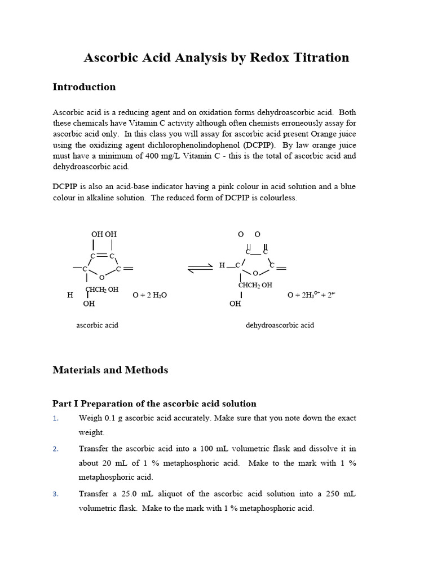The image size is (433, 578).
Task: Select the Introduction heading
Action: point(84,87)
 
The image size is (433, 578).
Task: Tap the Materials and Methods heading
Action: point(110,370)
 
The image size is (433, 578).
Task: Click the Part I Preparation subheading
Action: point(154,404)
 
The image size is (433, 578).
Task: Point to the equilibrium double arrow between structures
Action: point(200,268)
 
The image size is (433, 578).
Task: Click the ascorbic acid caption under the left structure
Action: point(97,326)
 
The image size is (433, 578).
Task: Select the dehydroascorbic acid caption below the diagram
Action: point(280,326)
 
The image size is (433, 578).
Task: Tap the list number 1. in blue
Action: point(55,419)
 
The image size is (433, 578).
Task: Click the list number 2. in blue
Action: point(55,449)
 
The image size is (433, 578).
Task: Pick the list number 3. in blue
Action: point(55,494)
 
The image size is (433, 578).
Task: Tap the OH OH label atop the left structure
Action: point(104,234)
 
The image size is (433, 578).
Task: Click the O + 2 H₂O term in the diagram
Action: point(149,295)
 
